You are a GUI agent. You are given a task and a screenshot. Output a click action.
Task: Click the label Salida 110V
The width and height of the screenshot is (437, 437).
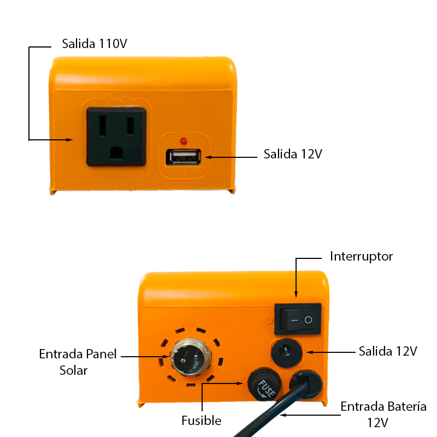coord(95,44)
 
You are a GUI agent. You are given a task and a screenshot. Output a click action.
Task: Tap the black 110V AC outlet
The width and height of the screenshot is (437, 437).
coord(115,136)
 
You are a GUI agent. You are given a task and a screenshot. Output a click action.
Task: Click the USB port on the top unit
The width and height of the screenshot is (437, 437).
coord(184,157)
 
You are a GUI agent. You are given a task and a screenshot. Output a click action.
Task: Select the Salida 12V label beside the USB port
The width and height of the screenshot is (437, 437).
coord(293,154)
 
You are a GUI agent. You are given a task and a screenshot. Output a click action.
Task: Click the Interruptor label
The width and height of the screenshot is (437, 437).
coord(361,256)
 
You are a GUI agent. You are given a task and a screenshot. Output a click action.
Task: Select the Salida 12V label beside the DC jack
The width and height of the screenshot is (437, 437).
coord(388,351)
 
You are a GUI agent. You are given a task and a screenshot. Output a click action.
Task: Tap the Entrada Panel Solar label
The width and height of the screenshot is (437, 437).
coord(78,362)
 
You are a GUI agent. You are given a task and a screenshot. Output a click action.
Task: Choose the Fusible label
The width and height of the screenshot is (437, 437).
coord(201,421)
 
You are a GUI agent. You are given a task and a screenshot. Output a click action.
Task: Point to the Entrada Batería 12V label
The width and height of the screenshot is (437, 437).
coord(383,414)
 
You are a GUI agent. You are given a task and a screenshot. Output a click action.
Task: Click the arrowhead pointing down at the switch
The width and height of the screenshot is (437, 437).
coord(296,296)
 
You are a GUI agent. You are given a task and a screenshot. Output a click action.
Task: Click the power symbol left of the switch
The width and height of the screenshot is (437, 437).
coord(268,319)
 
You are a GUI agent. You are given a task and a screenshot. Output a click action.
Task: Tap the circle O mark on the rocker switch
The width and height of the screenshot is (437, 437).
coord(309,319)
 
